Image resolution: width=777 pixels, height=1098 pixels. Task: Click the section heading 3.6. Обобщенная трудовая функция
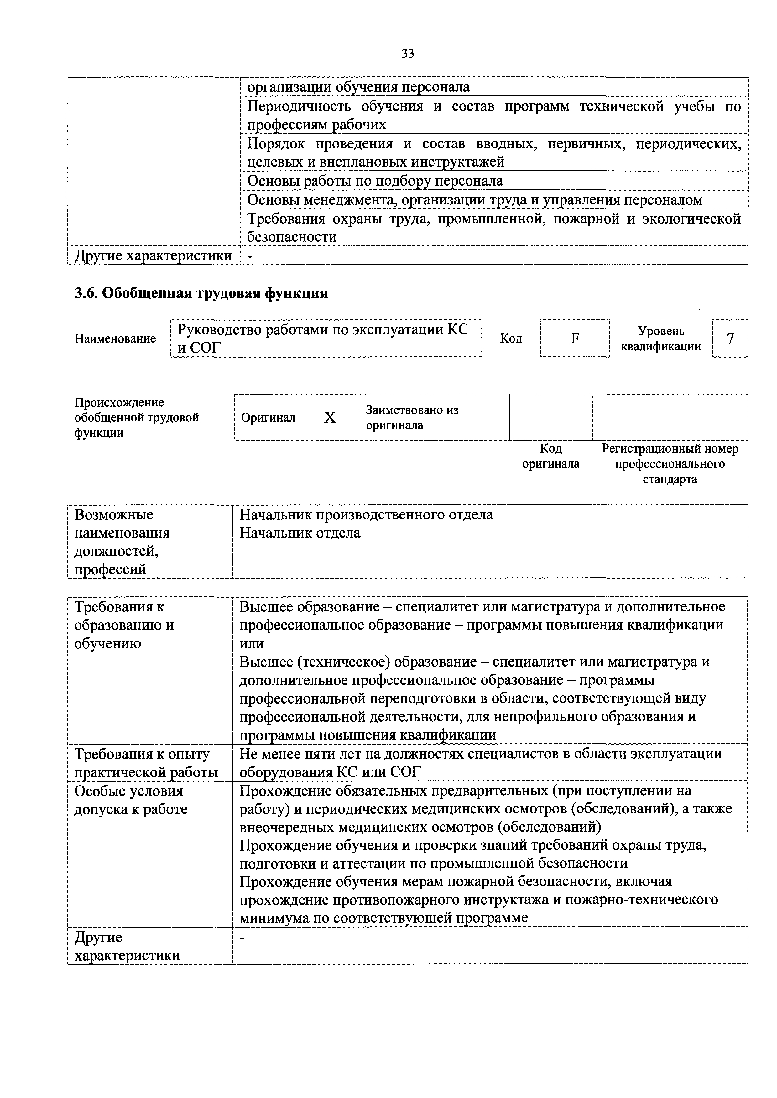[x=201, y=293]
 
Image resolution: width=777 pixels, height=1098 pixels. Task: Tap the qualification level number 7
[x=730, y=338]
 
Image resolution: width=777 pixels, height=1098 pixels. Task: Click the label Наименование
[x=115, y=338]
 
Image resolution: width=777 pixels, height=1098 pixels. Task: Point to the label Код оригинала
[x=551, y=456]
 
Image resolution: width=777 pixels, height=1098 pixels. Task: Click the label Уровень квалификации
[x=661, y=338]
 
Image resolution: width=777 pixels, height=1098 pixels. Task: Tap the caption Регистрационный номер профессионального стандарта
[x=670, y=464]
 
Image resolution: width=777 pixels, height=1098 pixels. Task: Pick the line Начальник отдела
[x=300, y=533]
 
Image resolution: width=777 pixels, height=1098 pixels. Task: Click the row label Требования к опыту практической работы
[x=146, y=763]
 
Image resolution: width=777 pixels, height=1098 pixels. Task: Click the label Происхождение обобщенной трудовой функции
[x=136, y=417]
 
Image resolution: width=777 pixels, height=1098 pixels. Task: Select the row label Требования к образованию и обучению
[x=124, y=625]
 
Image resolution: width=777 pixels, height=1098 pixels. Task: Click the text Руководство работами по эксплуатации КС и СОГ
[x=323, y=338]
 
